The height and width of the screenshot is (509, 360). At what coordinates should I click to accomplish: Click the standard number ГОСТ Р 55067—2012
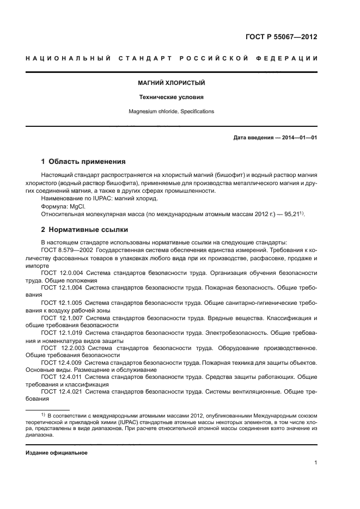(x=282, y=38)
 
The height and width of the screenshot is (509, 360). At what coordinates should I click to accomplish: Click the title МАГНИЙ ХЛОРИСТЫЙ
(x=171, y=83)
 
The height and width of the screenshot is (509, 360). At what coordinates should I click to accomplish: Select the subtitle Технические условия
(x=171, y=97)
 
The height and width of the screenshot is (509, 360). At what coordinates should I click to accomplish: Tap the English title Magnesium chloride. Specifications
(x=171, y=112)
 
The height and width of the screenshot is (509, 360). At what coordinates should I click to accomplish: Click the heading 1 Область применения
(x=84, y=162)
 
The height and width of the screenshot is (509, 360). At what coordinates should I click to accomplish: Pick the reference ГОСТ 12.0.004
(x=62, y=273)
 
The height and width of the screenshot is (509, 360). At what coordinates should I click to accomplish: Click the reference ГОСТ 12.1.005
(x=62, y=302)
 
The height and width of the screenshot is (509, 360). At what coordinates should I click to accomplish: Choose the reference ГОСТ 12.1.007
(x=62, y=317)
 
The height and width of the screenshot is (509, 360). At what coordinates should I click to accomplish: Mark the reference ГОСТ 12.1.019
(x=62, y=332)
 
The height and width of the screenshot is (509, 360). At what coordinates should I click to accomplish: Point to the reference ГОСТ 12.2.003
(x=62, y=347)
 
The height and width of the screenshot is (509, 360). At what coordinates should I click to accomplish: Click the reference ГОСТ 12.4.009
(x=62, y=361)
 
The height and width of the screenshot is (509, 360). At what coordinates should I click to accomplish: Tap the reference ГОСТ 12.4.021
(x=62, y=391)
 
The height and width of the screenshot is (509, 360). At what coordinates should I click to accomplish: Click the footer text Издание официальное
(x=56, y=453)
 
